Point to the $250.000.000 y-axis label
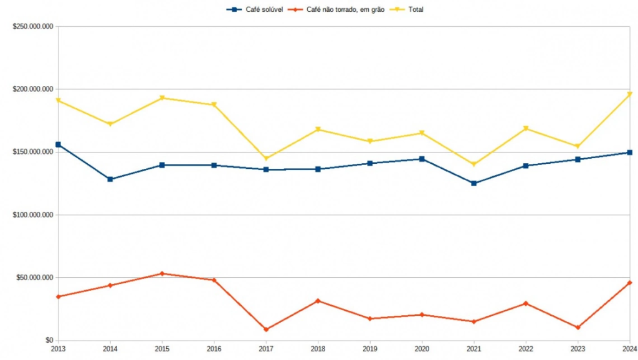coord(32,27)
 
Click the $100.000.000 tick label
coord(32,215)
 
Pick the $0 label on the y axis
coord(47,340)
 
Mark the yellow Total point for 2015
coord(162,98)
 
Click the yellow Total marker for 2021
coord(474,164)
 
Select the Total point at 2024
coord(630,94)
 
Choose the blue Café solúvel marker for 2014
coord(110,179)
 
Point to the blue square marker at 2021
coord(474,183)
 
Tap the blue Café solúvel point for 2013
coord(58,144)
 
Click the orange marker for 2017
coord(266,329)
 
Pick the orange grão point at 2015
coord(162,273)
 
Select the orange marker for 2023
coord(578,328)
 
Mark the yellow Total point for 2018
coord(318,130)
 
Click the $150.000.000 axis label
coord(32,152)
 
